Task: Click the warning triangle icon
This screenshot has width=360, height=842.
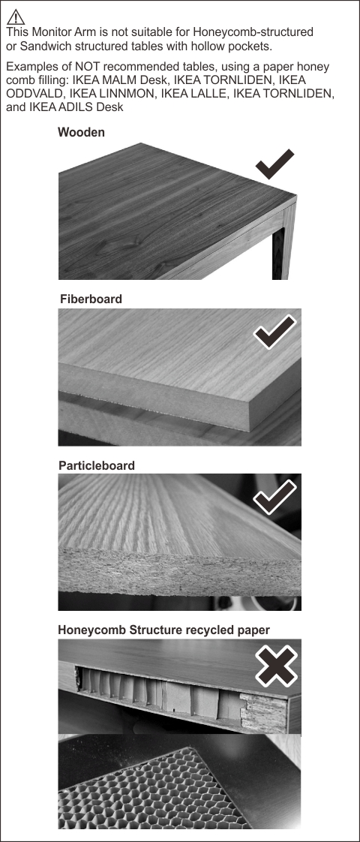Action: click(16, 17)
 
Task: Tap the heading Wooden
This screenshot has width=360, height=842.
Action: click(81, 132)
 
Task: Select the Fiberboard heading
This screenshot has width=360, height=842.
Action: click(91, 299)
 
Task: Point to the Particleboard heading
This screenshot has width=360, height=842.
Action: click(97, 465)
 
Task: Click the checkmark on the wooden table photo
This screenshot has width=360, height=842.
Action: click(274, 164)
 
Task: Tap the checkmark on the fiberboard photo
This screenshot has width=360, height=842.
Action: click(274, 332)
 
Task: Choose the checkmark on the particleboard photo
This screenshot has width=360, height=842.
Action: click(274, 497)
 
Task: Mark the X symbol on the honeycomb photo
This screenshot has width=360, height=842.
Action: click(276, 666)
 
